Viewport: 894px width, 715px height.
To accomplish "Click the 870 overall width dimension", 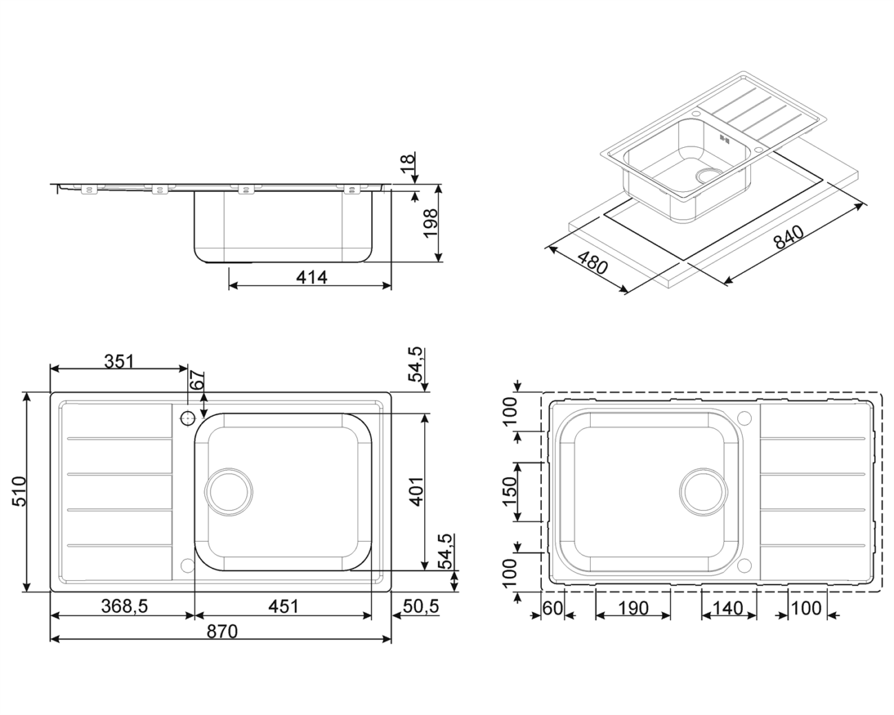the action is click(x=222, y=632).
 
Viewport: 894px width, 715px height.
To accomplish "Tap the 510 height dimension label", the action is click(x=19, y=492).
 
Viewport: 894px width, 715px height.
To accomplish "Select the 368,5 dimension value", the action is click(x=124, y=606).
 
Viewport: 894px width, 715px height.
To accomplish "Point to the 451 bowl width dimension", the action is click(x=283, y=606).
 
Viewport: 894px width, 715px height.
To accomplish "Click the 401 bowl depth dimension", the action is click(x=417, y=492).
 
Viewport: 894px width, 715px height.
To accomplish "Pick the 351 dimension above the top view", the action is click(x=119, y=362).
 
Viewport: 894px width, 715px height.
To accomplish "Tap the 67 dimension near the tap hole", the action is click(x=198, y=379).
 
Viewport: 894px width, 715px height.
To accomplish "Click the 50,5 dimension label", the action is click(x=421, y=606).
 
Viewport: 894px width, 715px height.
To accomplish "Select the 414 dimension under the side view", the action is click(x=312, y=277).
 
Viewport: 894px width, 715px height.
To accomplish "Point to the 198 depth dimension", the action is click(x=430, y=223).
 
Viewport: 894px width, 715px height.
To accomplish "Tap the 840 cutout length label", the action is click(x=789, y=236).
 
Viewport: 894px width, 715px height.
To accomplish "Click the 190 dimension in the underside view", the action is click(x=633, y=608).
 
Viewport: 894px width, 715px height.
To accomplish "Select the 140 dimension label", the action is click(x=728, y=608).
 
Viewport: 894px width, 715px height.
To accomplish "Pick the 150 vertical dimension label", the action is click(x=510, y=492).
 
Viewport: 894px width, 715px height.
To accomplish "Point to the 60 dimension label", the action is click(x=553, y=608).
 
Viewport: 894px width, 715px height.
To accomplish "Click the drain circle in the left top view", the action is click(x=228, y=492).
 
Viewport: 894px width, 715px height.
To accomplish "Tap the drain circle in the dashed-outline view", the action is click(x=704, y=492).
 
